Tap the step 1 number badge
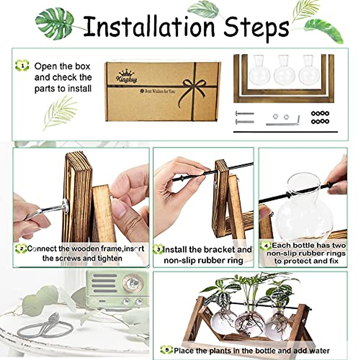click(22, 65)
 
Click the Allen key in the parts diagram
click(283, 121)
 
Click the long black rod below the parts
click(285, 132)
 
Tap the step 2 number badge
click(21, 248)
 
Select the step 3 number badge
click(158, 249)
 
